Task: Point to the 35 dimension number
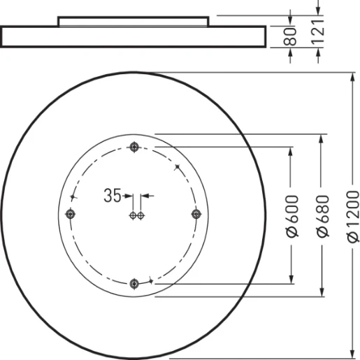pyautogui.click(x=112, y=196)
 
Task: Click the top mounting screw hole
pyautogui.click(x=134, y=147)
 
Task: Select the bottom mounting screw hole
pyautogui.click(x=134, y=283)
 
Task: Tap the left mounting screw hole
pyautogui.click(x=69, y=214)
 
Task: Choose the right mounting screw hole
pyautogui.click(x=196, y=214)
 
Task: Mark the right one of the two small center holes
pyautogui.click(x=141, y=215)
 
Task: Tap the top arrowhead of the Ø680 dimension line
pyautogui.click(x=322, y=138)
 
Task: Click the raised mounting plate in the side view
pyautogui.click(x=133, y=21)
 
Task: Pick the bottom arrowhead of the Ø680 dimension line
pyautogui.click(x=322, y=291)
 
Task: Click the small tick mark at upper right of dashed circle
pyautogui.click(x=178, y=166)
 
